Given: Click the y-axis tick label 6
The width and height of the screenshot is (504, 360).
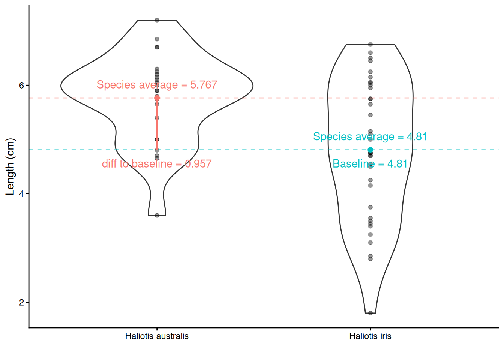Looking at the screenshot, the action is tap(22, 85).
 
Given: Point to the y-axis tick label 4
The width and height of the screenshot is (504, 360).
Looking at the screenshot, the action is tap(22, 194).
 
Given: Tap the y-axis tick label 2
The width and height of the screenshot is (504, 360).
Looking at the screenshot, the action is tap(22, 302).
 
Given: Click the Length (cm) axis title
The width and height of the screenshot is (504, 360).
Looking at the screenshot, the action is tap(10, 167).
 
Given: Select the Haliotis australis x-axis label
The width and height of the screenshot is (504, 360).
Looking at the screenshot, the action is tap(157, 336).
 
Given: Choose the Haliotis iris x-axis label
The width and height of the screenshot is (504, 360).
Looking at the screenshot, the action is tap(370, 336).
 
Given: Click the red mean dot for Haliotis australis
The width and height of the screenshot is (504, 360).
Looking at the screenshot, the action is tap(157, 98).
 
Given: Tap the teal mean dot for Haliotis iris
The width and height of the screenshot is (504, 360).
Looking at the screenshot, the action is tap(370, 150).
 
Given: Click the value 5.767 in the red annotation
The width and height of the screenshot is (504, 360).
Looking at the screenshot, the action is tap(204, 85).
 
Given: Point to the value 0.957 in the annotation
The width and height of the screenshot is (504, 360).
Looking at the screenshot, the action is tap(198, 164).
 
